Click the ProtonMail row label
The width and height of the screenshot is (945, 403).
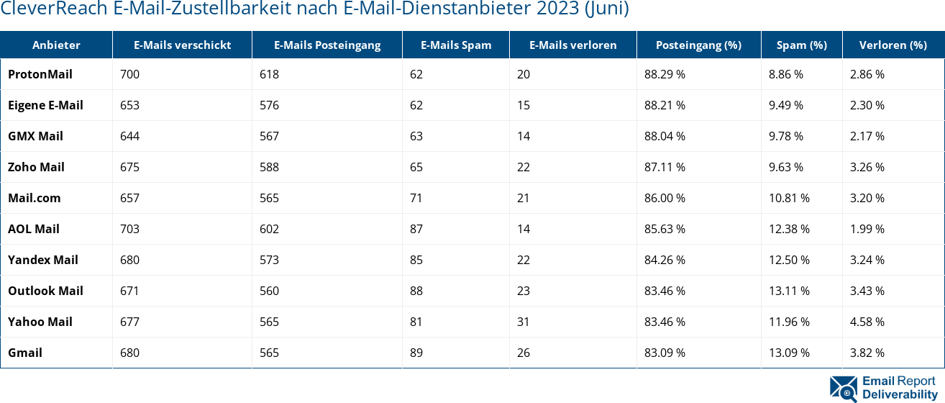coord(40,74)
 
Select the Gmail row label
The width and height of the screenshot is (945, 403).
coord(25,353)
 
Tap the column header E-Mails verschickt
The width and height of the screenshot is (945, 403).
coord(182,45)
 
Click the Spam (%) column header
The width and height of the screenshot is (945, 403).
coord(801,45)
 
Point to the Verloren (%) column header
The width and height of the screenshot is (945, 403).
coord(892,45)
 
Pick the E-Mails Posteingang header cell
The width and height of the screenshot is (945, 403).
coord(327,45)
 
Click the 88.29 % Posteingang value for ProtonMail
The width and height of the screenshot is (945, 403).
coord(665,74)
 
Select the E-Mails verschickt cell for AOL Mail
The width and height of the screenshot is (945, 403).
coord(130,229)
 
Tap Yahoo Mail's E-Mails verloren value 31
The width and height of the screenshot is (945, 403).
coord(523,322)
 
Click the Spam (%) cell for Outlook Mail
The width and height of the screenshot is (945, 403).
coord(789,291)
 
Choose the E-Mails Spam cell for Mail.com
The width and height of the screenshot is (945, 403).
coord(416,198)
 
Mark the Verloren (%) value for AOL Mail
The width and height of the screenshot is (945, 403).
coord(867,229)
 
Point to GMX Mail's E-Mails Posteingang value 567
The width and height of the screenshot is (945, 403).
coord(269,136)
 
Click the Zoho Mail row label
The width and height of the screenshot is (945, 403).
coord(36,167)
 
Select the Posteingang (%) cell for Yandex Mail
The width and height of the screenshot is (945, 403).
coord(665,260)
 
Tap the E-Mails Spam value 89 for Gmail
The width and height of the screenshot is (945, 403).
coord(416,353)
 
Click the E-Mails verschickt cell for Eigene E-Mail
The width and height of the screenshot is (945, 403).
coord(130,105)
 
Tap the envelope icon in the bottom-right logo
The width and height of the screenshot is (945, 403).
coord(844,387)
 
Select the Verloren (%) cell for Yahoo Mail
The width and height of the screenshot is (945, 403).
coord(867,322)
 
